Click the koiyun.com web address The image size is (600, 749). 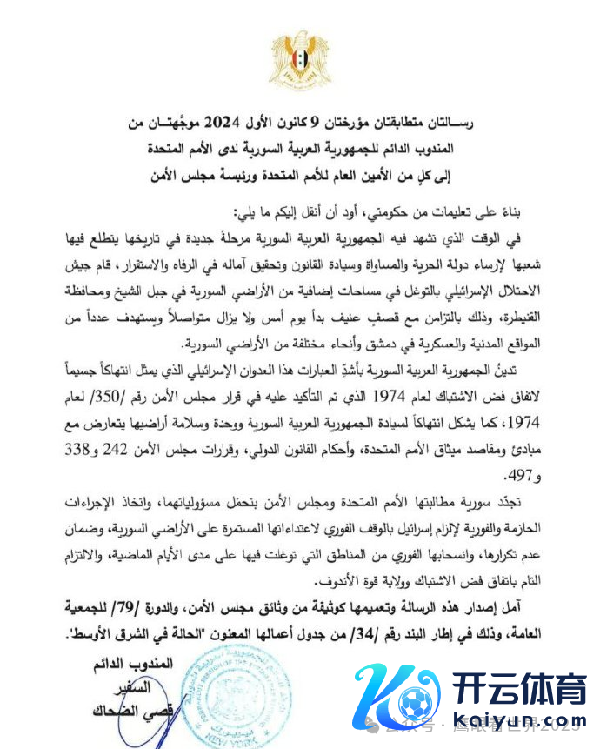pos(519,724)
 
